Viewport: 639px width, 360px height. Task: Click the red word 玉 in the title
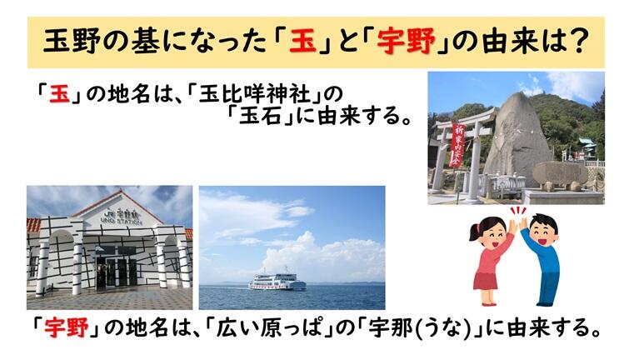pyautogui.click(x=302, y=42)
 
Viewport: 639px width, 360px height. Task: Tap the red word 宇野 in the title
pyautogui.click(x=406, y=42)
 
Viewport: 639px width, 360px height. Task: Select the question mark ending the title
pyautogui.click(x=579, y=41)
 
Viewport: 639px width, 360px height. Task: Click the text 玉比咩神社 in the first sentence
pyautogui.click(x=255, y=95)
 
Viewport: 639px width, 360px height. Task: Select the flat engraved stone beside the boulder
pyautogui.click(x=561, y=172)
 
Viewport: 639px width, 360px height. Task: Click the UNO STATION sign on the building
pyautogui.click(x=121, y=222)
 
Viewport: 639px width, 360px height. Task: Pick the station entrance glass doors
pyautogui.click(x=117, y=269)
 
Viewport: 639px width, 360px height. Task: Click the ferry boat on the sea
pyautogui.click(x=277, y=282)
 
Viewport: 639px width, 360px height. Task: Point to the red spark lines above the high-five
pyautogui.click(x=518, y=211)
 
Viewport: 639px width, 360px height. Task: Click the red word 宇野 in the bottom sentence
pyautogui.click(x=67, y=327)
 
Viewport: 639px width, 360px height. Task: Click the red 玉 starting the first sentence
pyautogui.click(x=60, y=95)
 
